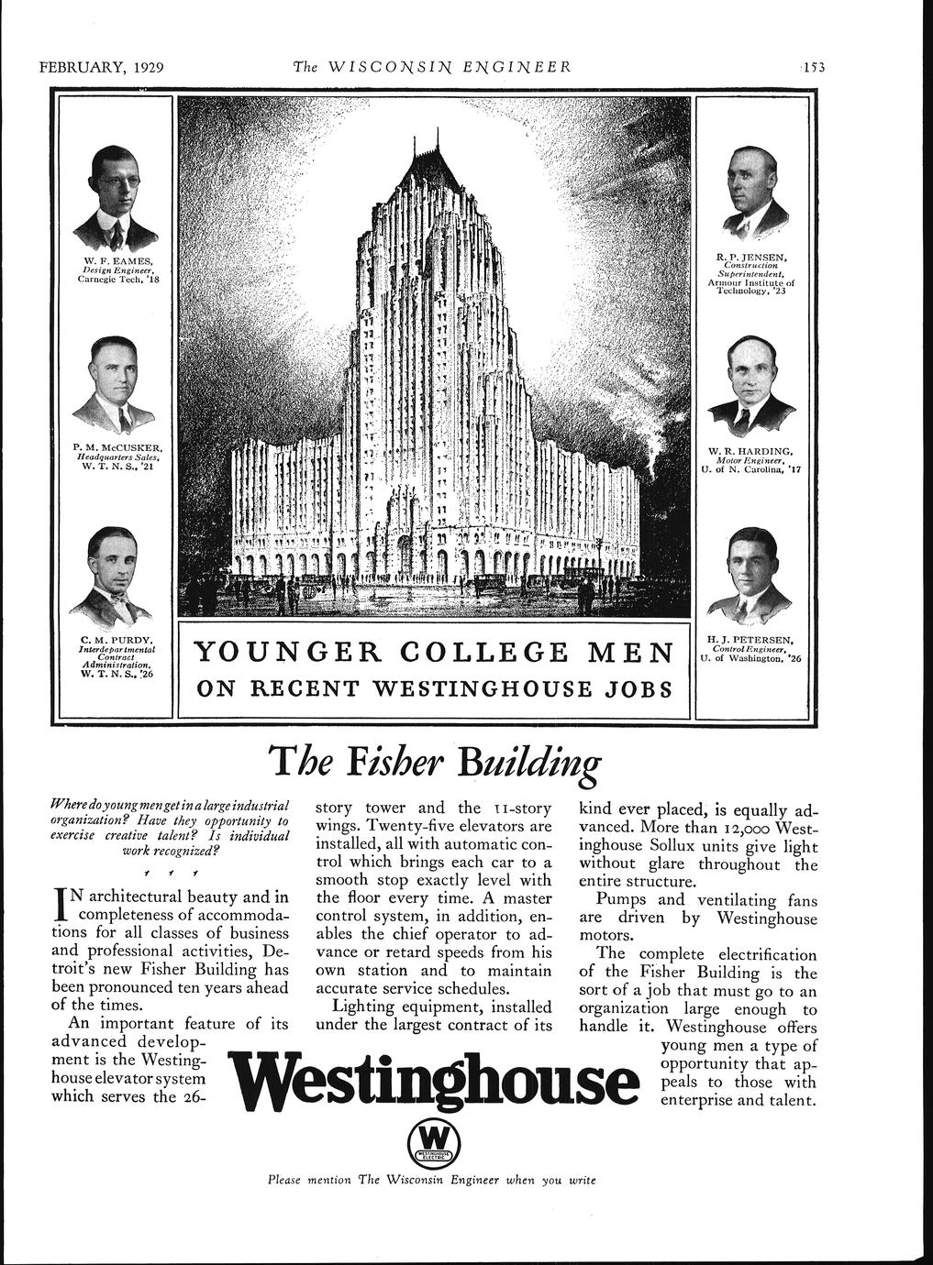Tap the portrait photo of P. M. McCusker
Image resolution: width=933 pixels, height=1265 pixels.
[115, 385]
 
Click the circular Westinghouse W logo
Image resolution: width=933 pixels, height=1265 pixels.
[432, 1142]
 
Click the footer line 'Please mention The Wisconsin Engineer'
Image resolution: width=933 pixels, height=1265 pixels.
[431, 1179]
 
